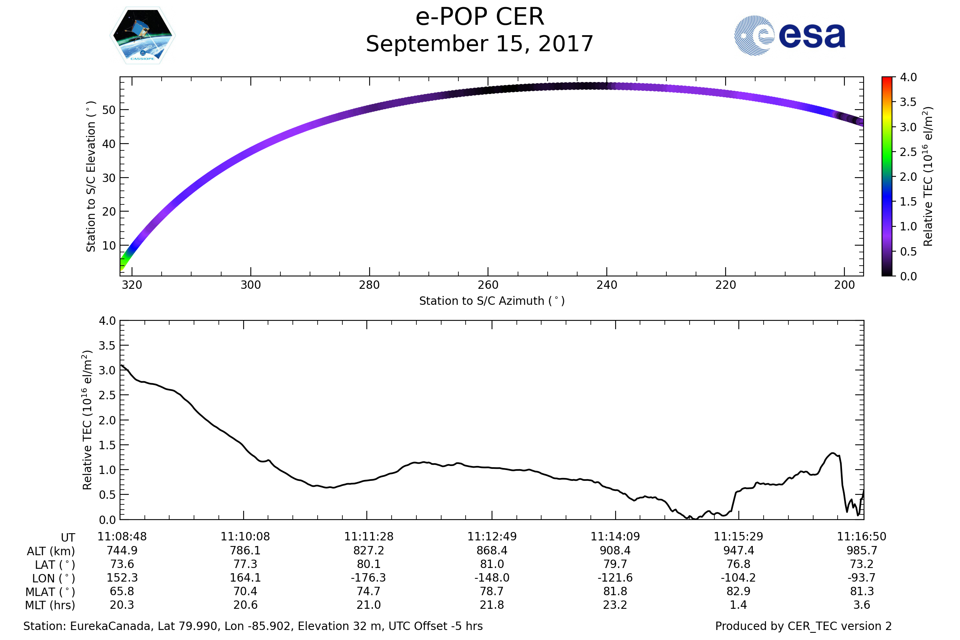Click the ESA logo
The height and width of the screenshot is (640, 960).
[x=789, y=36]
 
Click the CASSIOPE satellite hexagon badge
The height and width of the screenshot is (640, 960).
[x=143, y=36]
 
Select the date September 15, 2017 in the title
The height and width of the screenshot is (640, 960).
[x=480, y=44]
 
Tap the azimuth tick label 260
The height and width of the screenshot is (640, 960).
[x=488, y=285]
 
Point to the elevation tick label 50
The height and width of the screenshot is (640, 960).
[x=108, y=110]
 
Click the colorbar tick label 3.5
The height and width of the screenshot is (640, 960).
[x=908, y=102]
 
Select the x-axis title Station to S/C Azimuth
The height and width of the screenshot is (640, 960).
[x=492, y=301]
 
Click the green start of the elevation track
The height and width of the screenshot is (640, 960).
[x=124, y=263]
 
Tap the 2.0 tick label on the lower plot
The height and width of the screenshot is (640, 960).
[x=107, y=420]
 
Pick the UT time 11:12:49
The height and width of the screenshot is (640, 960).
[x=492, y=537]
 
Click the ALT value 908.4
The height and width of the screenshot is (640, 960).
[x=615, y=551]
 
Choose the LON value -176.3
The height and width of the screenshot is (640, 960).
[x=368, y=578]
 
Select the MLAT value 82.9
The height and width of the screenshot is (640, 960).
[x=738, y=592]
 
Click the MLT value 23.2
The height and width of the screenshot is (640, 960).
[x=615, y=605]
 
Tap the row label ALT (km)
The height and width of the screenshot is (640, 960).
[x=51, y=552]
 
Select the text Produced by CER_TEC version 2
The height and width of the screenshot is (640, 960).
[x=803, y=626]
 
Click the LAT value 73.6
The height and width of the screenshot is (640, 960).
[x=122, y=564]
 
